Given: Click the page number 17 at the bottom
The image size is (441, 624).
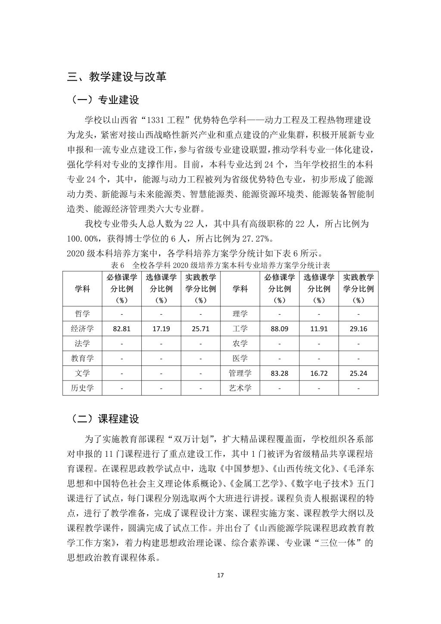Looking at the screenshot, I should point(220,575).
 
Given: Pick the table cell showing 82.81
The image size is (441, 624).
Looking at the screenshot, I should point(122,329).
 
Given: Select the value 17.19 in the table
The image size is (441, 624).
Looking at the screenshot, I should point(161,329).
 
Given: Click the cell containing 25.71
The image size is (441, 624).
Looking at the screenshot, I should point(200,329).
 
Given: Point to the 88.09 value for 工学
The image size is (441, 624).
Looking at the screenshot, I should point(280,329).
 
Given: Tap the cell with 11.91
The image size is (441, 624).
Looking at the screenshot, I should point(319,329).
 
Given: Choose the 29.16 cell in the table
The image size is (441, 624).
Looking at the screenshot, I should point(358,329).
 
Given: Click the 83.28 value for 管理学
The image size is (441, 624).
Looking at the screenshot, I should point(280,373).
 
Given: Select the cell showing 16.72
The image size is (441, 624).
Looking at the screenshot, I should point(319,373).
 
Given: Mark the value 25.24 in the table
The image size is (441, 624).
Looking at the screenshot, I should point(358,373).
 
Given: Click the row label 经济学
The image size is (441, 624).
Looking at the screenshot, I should point(82,329).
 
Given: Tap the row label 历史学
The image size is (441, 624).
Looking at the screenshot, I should point(82,388).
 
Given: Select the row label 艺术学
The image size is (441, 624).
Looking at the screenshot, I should point(240,388).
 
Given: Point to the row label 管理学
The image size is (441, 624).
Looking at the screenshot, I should point(240,373).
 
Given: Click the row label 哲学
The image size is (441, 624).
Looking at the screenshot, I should point(82,314).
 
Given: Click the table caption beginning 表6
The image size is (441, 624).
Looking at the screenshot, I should point(220,265).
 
